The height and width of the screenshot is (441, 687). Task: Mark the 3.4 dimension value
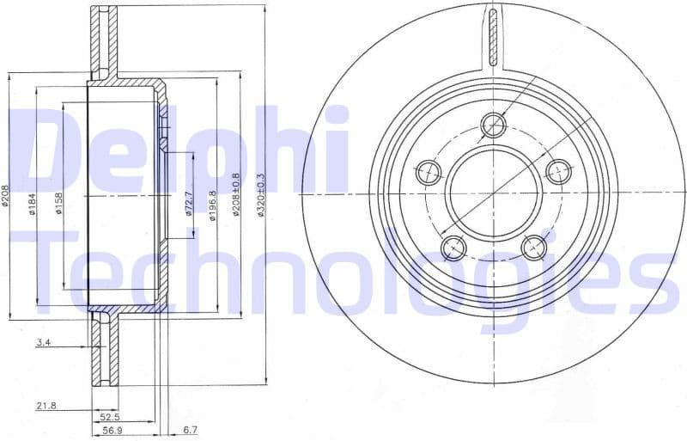pos(42,343)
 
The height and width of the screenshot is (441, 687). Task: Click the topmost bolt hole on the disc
pos(493,126)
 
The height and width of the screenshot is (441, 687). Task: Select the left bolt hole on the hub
pos(429,173)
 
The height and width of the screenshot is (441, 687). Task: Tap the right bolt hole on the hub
pos(558,172)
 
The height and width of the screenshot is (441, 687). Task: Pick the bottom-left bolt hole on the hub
pos(453,248)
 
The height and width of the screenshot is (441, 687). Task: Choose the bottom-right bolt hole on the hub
pos(534,248)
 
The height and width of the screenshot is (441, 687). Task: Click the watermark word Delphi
pos(180,150)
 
